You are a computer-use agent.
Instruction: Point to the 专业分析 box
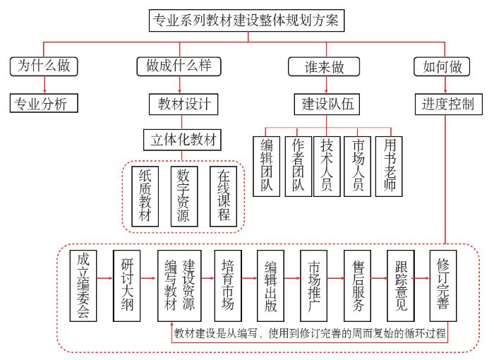(x=44, y=104)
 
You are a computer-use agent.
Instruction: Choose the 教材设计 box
(x=179, y=104)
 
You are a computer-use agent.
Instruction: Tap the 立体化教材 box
(x=182, y=139)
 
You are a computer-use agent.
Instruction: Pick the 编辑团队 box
(x=267, y=166)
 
